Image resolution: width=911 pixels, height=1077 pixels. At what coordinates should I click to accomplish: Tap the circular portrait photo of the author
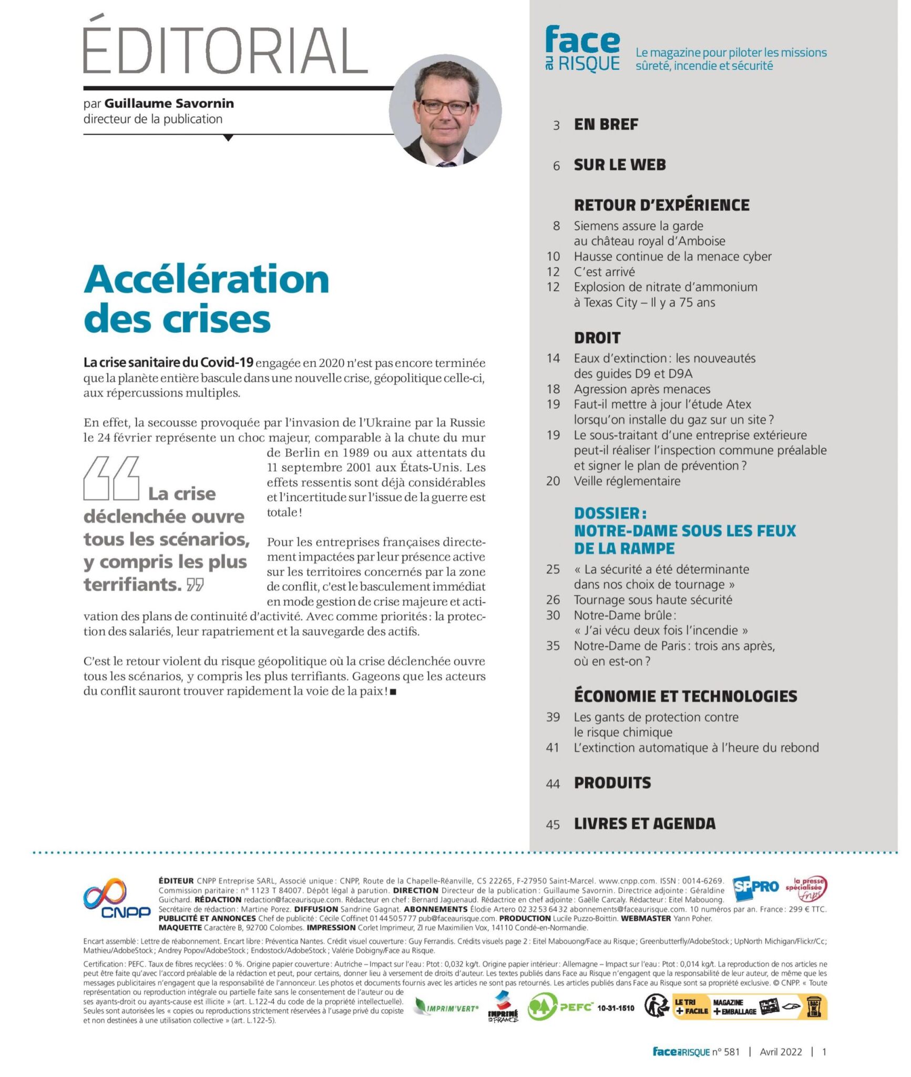[445, 110]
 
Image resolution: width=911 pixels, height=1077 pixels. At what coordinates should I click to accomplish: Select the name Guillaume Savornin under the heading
[169, 104]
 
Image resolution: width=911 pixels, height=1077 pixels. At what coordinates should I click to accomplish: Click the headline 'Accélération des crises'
[206, 298]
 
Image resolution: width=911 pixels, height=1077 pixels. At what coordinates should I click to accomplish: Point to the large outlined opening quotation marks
[111, 478]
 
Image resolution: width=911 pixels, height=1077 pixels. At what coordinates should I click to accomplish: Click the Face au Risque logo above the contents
[582, 49]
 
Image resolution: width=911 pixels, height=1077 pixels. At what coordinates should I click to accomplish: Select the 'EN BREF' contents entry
[606, 125]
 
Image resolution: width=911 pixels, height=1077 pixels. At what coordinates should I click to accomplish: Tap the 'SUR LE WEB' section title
[620, 165]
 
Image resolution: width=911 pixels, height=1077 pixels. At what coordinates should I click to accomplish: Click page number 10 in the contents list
[553, 257]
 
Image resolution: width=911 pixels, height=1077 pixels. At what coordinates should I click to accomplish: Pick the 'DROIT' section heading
[597, 338]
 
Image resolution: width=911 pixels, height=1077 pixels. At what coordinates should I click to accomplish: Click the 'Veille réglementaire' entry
[627, 481]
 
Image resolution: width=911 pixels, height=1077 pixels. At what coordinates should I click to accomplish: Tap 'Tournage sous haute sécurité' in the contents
[652, 600]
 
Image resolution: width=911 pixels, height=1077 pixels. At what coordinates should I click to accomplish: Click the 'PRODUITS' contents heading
[612, 783]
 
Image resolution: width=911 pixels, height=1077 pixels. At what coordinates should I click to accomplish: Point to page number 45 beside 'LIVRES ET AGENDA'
[552, 825]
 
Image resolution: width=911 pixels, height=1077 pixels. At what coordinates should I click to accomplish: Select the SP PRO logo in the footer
[755, 886]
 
